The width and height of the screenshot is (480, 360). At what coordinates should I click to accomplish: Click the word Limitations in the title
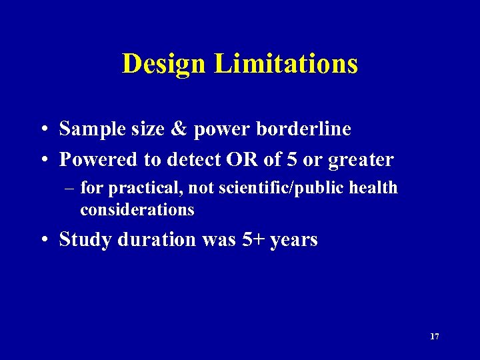click(286, 64)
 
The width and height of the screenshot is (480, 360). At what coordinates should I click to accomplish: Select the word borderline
click(307, 129)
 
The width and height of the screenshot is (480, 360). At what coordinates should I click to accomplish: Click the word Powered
click(97, 160)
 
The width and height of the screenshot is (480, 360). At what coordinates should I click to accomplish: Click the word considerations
click(137, 210)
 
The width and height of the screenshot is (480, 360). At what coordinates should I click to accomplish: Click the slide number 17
click(434, 337)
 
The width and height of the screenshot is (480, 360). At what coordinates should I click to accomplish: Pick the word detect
click(195, 160)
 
